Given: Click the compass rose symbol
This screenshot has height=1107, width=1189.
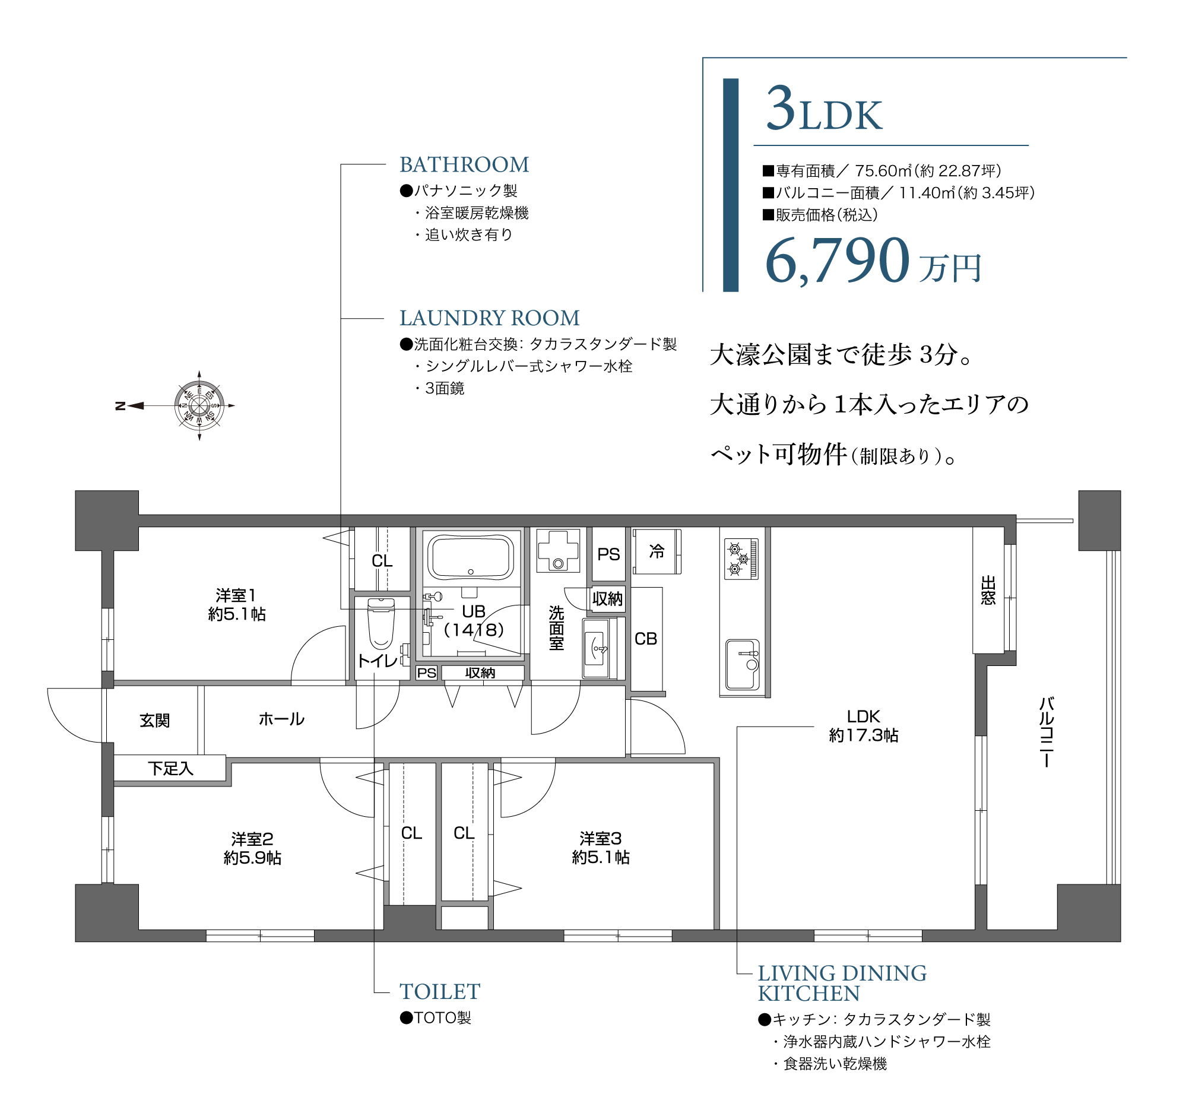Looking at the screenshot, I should click(199, 406).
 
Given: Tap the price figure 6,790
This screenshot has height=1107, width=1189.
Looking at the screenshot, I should click(838, 260).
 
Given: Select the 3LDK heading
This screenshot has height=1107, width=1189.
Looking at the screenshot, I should click(823, 110).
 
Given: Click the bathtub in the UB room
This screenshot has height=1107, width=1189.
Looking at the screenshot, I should click(471, 557).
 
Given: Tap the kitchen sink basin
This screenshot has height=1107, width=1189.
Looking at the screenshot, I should click(741, 664).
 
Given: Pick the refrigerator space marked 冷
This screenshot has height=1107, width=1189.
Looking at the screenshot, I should click(657, 551).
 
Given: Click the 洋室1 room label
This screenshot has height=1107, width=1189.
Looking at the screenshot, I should click(237, 605).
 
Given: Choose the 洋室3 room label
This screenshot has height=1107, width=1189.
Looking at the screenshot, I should click(601, 848).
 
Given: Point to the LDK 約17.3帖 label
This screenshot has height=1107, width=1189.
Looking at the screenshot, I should click(863, 726).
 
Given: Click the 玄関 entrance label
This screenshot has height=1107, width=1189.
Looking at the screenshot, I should click(155, 721).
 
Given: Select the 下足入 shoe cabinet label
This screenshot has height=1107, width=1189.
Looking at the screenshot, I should click(170, 769).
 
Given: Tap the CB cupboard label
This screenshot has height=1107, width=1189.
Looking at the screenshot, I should click(646, 639).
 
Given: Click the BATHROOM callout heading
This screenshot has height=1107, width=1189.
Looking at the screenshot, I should click(464, 164).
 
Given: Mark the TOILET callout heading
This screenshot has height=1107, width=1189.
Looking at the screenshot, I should click(440, 992).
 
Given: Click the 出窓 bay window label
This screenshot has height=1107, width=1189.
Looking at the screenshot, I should click(988, 590).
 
